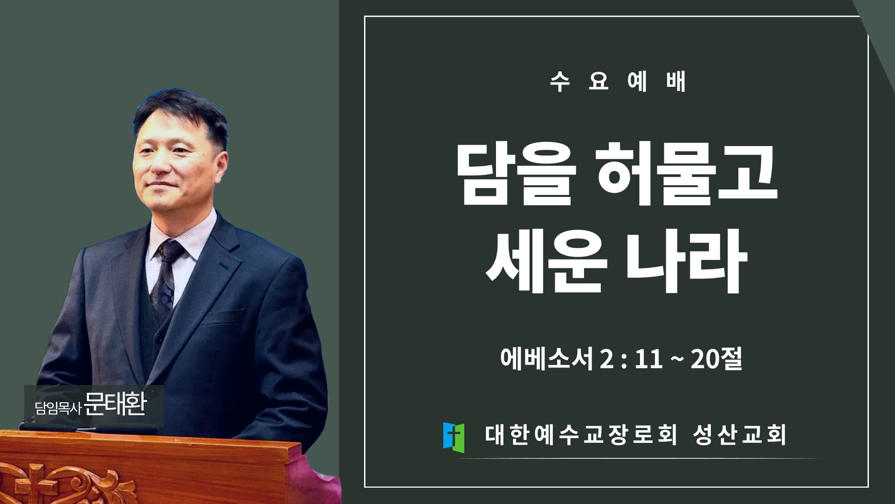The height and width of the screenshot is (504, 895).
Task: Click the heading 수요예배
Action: (x=618, y=81)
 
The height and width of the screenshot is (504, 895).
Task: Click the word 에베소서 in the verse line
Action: (x=546, y=359)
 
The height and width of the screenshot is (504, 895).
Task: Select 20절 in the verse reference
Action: (x=716, y=359)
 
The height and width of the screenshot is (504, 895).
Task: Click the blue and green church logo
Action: (x=454, y=437)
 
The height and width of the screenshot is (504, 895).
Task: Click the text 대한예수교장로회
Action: (x=581, y=435)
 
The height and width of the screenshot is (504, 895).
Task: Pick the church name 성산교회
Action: (x=739, y=435)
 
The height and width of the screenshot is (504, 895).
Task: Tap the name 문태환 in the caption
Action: (x=116, y=404)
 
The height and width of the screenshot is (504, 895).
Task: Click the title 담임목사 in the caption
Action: (x=58, y=408)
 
